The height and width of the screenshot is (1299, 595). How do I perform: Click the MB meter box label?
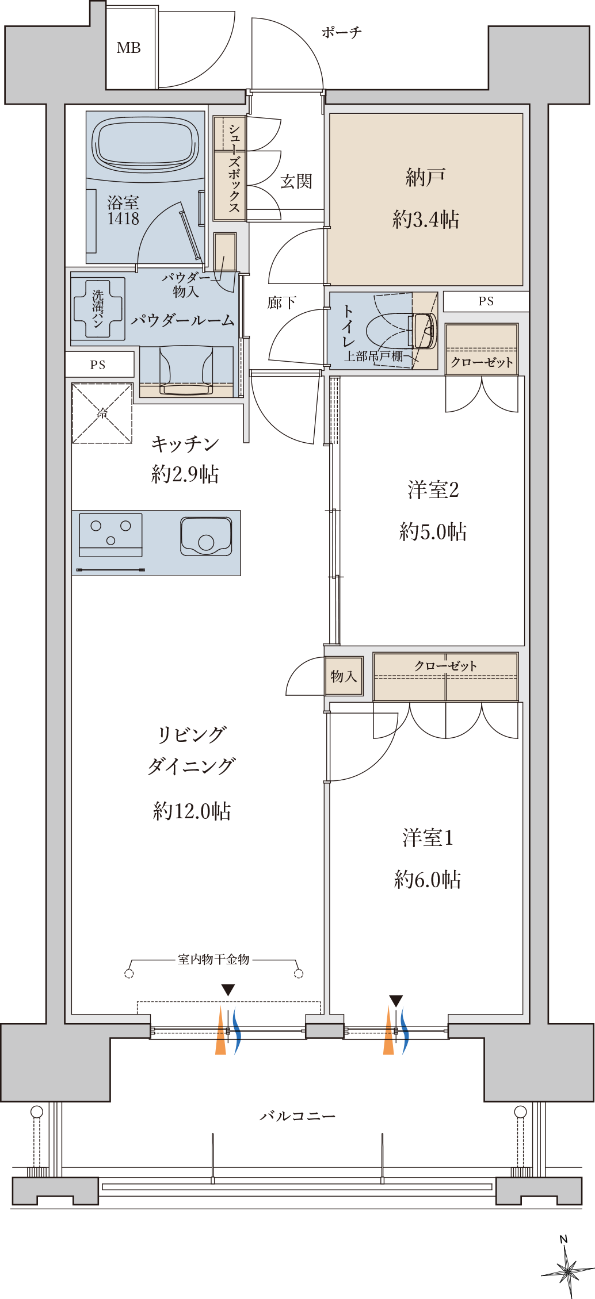click(128, 48)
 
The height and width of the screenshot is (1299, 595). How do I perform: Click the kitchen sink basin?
click(206, 536)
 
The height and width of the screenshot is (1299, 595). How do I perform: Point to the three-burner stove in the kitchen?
click(110, 535)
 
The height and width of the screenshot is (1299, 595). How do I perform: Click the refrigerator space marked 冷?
click(102, 413)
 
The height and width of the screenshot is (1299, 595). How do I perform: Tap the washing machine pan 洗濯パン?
click(98, 309)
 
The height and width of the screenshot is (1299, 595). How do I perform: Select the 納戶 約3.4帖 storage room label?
click(425, 198)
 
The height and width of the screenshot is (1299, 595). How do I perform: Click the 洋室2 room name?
click(433, 490)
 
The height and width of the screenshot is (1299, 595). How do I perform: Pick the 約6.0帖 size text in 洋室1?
click(428, 879)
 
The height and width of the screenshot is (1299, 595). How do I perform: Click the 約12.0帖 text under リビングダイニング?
click(192, 811)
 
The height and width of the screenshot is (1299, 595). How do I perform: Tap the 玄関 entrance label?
click(296, 182)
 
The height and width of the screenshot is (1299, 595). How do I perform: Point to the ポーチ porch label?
click(342, 32)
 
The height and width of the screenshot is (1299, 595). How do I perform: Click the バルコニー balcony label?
click(297, 1116)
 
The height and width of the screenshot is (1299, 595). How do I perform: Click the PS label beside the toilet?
click(486, 301)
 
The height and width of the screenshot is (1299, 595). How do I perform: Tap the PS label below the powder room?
click(98, 365)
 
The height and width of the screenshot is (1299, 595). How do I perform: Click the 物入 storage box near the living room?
click(344, 676)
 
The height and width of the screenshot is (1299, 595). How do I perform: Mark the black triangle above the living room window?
click(228, 990)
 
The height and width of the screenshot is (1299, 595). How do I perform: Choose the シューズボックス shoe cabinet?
click(230, 168)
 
